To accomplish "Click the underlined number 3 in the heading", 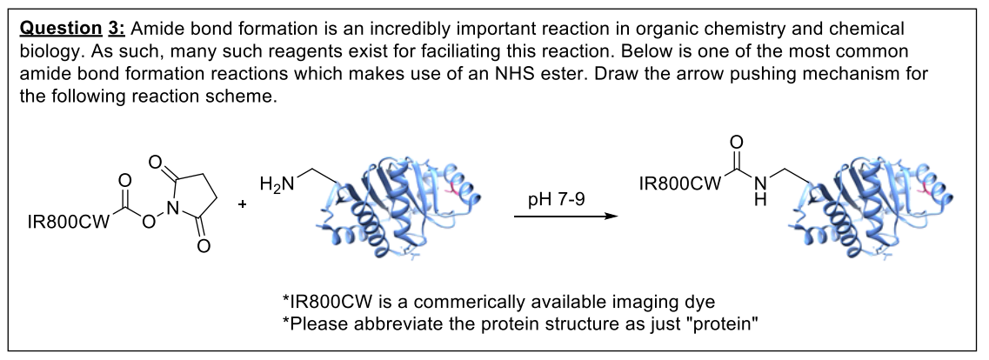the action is tap(112, 29).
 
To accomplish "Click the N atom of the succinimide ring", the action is tap(172, 207).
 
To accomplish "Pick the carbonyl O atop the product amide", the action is tap(738, 143).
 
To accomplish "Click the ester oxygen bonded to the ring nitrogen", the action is tap(147, 223).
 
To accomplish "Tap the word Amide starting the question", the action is tap(153, 29).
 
